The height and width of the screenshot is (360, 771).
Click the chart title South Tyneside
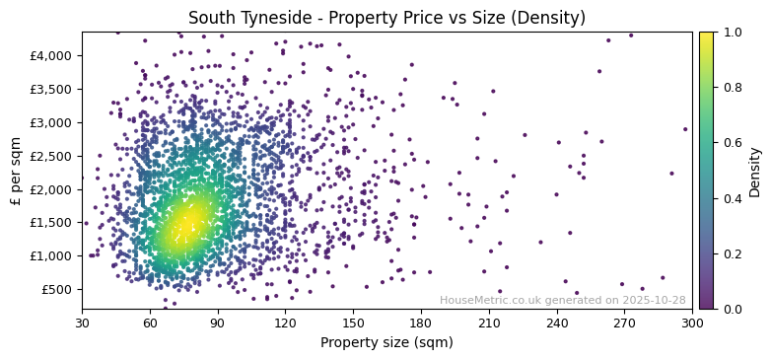(386, 18)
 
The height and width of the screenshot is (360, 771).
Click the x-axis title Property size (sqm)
(386, 343)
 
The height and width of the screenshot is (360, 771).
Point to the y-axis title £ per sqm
(16, 171)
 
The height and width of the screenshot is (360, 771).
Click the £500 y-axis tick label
(55, 289)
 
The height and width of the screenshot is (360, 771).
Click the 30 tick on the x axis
(82, 324)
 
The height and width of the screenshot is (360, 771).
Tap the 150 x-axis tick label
(353, 324)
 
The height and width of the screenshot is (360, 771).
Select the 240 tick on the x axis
(557, 324)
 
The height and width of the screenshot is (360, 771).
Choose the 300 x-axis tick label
(692, 324)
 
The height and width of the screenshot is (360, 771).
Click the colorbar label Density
(755, 171)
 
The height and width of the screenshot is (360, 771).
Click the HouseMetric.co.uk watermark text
(562, 300)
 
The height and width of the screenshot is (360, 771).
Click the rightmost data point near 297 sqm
(685, 129)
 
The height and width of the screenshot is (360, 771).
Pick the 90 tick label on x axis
(217, 324)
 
